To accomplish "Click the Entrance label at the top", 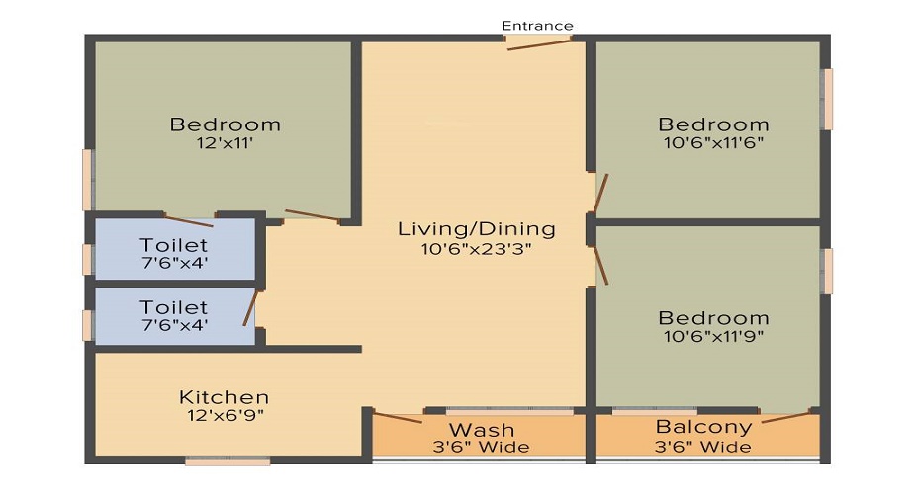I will coord(537,25).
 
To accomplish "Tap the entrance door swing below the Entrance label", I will coord(539,43).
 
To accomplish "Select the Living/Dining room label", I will coord(476,228).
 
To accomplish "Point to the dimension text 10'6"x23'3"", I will coord(476,249).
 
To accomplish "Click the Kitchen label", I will coord(224,396).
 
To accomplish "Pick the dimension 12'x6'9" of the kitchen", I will coord(224,415).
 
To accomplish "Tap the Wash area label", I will coord(482,429).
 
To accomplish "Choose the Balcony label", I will coord(703,427).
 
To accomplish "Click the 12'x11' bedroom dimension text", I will coord(225,143).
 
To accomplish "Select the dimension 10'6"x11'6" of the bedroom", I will coord(712,142).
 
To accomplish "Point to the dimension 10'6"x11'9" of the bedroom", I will coord(712,336).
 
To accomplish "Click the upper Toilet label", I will coord(173,244).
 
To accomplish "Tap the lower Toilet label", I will coord(173,307).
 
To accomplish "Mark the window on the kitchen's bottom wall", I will coord(228,460).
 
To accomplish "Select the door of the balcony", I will coord(788,416).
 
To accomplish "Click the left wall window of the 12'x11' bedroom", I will coord(88,179).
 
